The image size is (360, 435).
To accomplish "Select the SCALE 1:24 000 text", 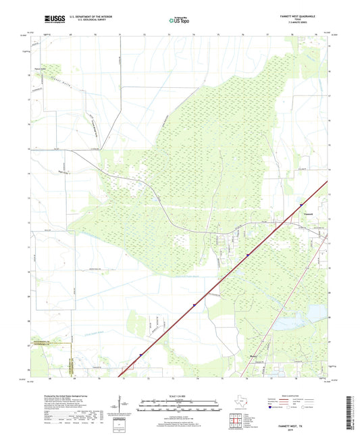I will (x=180, y=396).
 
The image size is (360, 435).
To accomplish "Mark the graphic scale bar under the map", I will (x=180, y=407).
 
